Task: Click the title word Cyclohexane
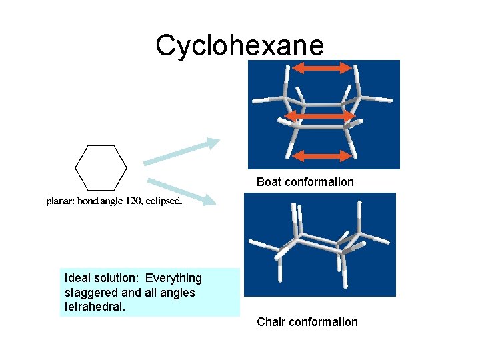[239, 46]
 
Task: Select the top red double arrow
[323, 67]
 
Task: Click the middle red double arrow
[324, 117]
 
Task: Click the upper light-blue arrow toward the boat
[181, 152]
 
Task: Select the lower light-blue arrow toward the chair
[181, 191]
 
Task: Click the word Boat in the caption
[269, 182]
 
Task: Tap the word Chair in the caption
[271, 322]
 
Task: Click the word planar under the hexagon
[60, 201]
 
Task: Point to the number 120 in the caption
[131, 201]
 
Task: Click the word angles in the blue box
[179, 292]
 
